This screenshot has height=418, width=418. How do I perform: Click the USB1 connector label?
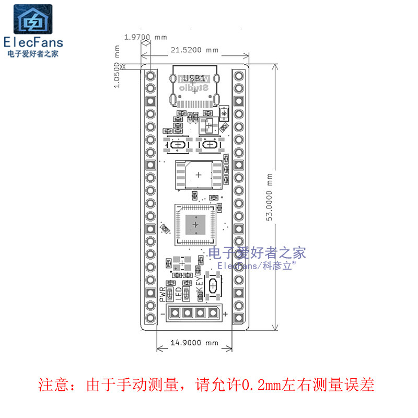pos(195,77)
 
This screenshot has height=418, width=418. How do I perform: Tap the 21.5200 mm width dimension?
pos(194,50)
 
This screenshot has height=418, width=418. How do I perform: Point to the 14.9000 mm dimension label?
pos(194,343)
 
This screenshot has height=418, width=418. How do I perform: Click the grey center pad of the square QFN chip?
pos(195,224)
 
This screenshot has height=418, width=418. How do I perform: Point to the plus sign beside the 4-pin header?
pos(225,313)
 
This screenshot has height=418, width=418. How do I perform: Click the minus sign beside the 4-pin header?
pos(164,313)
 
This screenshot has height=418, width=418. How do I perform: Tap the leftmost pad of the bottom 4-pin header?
pos(175,313)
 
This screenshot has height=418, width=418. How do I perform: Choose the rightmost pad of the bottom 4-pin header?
pos(213,313)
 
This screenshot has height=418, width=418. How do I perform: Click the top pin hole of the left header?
pos(151,75)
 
